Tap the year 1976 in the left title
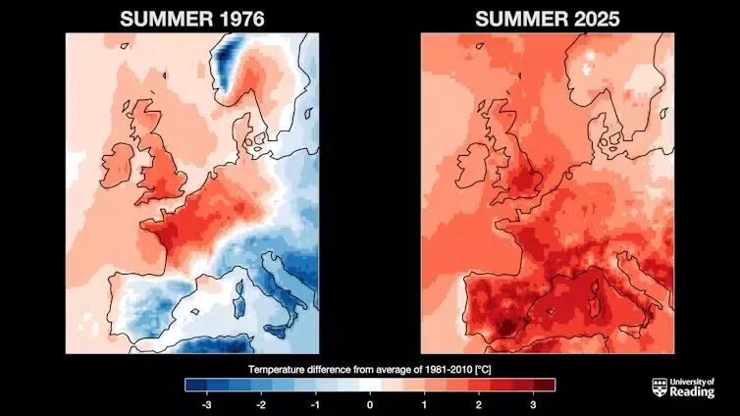pos(241,20)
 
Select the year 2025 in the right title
pos(596,20)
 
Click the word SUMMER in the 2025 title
pos(521,20)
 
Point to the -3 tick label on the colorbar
pos(206,404)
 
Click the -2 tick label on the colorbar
pos(261,404)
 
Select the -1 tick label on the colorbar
pos(315,404)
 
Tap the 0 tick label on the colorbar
pos(370,404)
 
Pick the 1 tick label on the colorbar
pos(424,404)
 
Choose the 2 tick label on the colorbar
pos(479,404)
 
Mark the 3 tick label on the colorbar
pos(533,404)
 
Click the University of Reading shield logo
pos(660,388)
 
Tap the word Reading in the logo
pos(692,391)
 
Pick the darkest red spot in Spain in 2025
pos(505,327)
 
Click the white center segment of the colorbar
pos(370,385)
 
